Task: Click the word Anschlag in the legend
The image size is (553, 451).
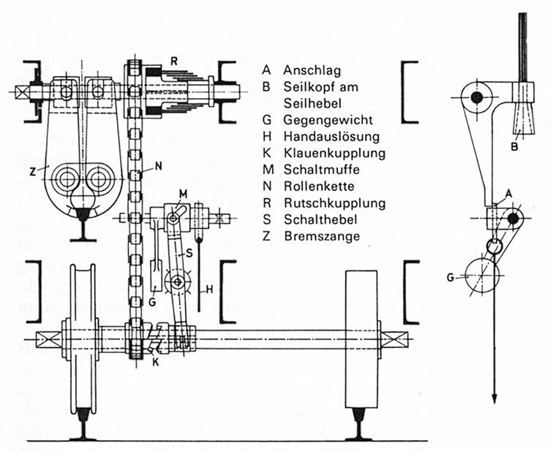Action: pyautogui.click(x=312, y=70)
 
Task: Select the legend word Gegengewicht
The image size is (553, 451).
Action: pyautogui.click(x=328, y=120)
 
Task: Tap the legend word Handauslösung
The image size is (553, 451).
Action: pyautogui.click(x=331, y=136)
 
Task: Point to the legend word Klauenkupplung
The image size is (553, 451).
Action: pyautogui.click(x=334, y=153)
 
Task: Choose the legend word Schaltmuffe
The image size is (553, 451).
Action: pyautogui.click(x=322, y=170)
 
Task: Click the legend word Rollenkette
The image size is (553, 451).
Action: pyautogui.click(x=319, y=186)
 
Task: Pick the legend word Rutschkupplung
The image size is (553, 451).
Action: pyautogui.click(x=334, y=203)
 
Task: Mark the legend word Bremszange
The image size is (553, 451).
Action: pyautogui.click(x=322, y=235)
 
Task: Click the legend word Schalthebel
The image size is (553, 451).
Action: pyautogui.click(x=320, y=219)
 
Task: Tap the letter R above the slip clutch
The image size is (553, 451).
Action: pyautogui.click(x=174, y=61)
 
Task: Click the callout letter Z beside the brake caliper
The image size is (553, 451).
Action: pyautogui.click(x=33, y=172)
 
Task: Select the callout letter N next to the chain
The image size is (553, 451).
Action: pyautogui.click(x=159, y=166)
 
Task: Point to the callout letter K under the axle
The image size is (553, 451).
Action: pyautogui.click(x=156, y=362)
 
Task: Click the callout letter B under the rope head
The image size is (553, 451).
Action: pyautogui.click(x=514, y=146)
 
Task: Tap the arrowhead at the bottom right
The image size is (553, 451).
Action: pyautogui.click(x=494, y=398)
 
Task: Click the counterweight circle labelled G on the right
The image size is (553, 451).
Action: pyautogui.click(x=482, y=276)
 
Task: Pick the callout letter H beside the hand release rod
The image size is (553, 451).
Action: pyautogui.click(x=209, y=289)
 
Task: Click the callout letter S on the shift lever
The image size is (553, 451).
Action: pyautogui.click(x=189, y=252)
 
